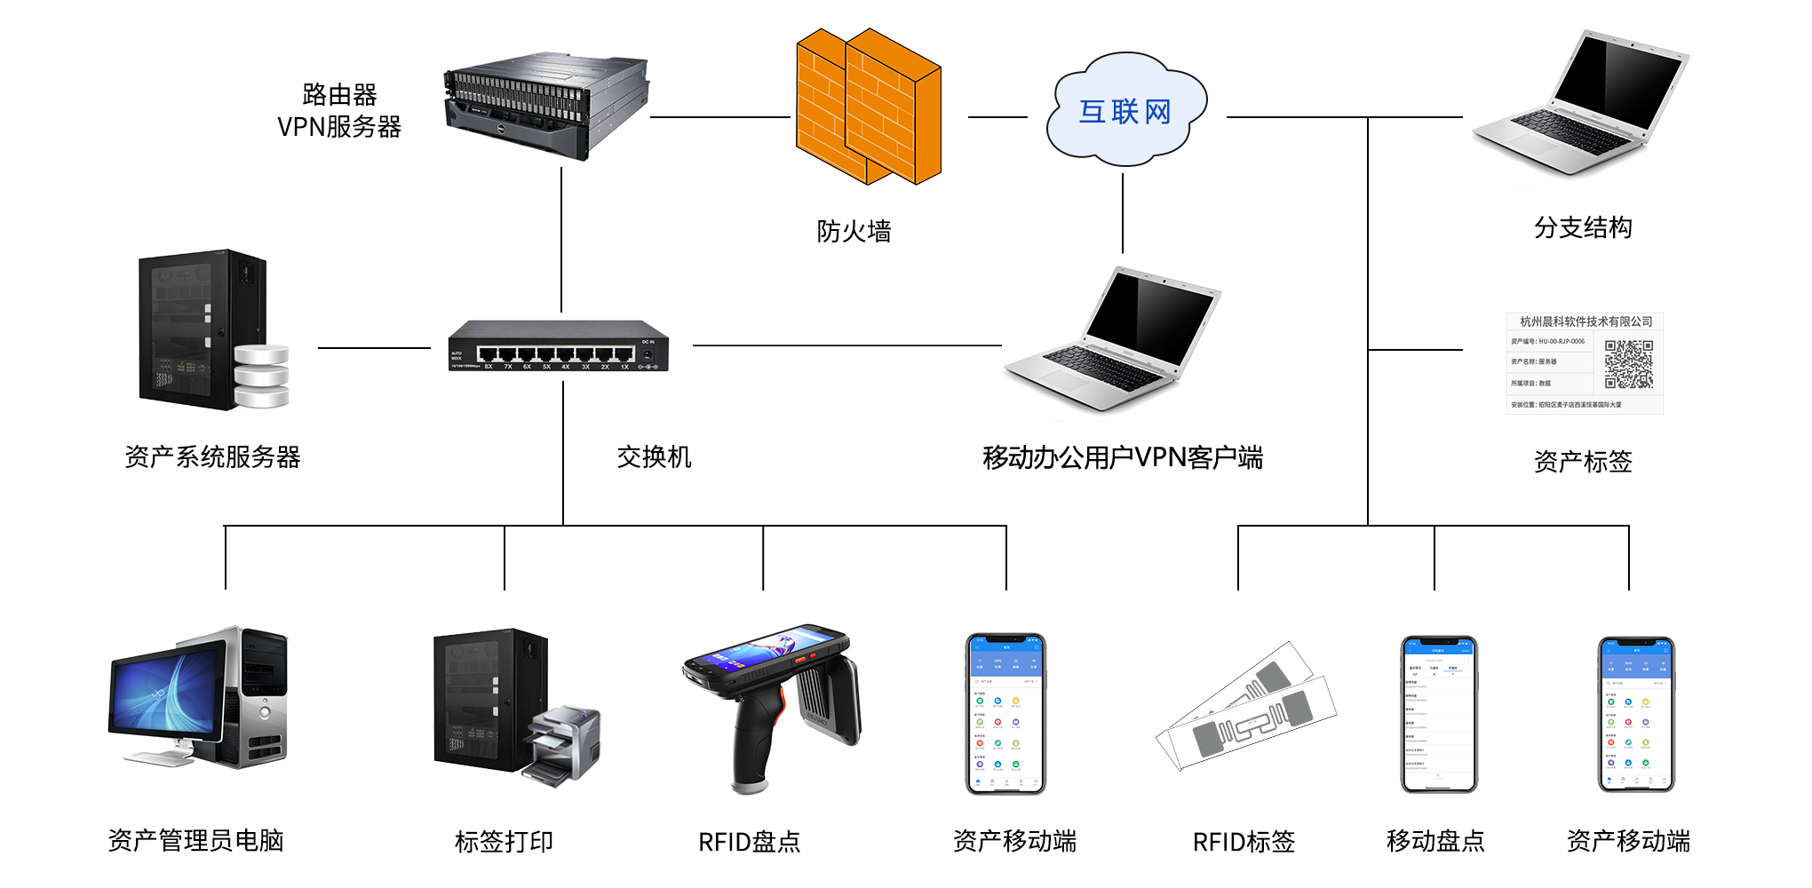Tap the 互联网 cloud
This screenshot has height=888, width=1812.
click(x=1125, y=111)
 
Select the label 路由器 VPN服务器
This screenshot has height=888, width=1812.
click(x=339, y=111)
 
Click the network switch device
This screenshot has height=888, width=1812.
click(x=558, y=346)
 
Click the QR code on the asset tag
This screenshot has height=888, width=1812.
click(x=1628, y=364)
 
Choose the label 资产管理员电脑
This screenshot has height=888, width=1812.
click(x=195, y=840)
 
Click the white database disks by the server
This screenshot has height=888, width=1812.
click(x=262, y=376)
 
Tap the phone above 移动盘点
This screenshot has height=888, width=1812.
click(x=1438, y=713)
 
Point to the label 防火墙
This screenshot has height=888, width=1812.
click(x=854, y=231)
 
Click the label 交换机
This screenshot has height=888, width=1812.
click(x=654, y=457)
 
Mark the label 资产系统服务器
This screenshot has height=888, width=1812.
click(x=213, y=457)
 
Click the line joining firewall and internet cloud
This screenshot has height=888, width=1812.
click(x=997, y=116)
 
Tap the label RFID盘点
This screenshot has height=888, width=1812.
click(x=749, y=841)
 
